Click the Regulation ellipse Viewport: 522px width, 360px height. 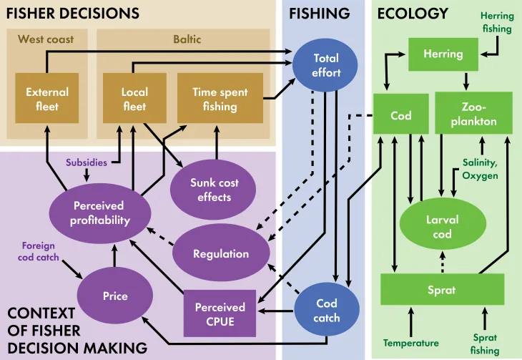pyautogui.click(x=221, y=254)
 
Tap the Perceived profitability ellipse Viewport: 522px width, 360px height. pyautogui.click(x=101, y=213)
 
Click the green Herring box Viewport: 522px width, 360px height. pyautogui.click(x=443, y=54)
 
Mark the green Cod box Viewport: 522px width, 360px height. pyautogui.click(x=400, y=115)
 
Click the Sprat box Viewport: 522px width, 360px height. pyautogui.click(x=442, y=291)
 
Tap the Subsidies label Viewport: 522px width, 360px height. pyautogui.click(x=86, y=162)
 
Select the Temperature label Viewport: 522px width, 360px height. pyautogui.click(x=410, y=343)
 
